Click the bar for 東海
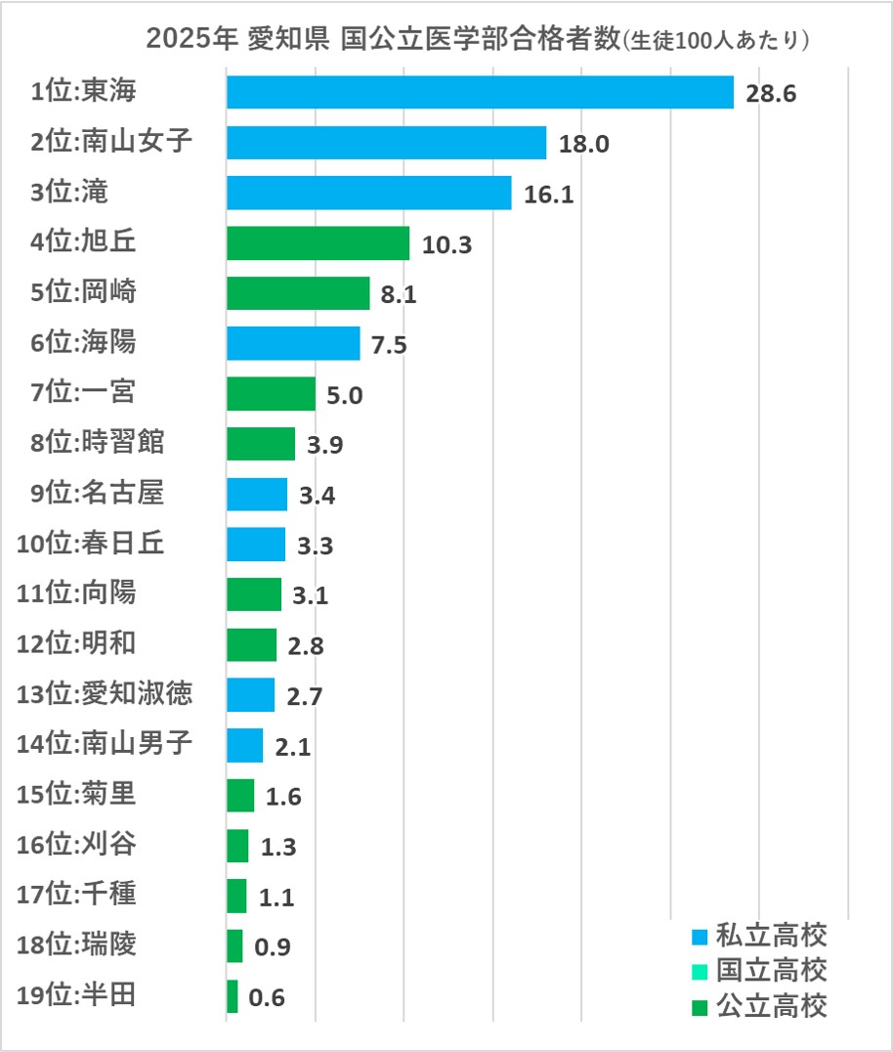(479, 92)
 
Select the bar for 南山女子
(386, 143)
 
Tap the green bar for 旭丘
(318, 243)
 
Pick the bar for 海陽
(293, 344)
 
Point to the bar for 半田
(232, 996)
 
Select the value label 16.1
(549, 194)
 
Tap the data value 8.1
(400, 294)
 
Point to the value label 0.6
(268, 997)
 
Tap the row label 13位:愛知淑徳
(105, 694)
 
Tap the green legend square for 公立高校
(699, 1005)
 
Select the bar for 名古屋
(257, 494)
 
